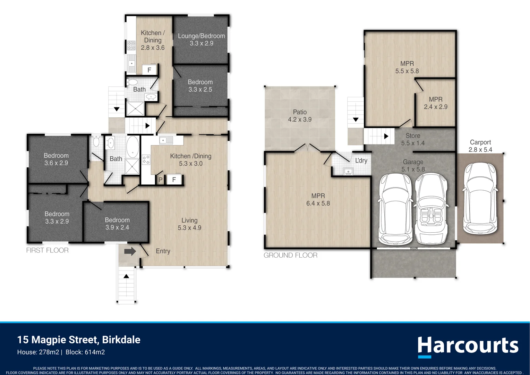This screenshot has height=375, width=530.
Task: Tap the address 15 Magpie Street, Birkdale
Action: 79,340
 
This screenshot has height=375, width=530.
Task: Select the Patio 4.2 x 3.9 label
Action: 300,116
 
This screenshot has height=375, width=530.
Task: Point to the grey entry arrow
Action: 130,251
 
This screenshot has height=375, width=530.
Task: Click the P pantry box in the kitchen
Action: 160,180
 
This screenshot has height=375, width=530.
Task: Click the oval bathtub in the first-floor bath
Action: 132,147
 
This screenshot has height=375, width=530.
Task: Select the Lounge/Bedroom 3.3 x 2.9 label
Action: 202,40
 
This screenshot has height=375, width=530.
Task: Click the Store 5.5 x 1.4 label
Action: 413,139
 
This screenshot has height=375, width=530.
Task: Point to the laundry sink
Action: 348,171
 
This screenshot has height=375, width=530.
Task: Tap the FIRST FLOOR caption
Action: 47,250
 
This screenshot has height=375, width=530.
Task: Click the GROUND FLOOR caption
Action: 291,255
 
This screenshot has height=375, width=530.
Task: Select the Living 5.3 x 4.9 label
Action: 189,224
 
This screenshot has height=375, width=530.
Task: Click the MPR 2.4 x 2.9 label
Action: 436,103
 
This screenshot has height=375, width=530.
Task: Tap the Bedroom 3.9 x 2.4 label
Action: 117,224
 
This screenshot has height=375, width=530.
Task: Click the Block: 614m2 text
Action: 85,352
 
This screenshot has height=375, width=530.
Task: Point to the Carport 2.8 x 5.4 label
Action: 480,146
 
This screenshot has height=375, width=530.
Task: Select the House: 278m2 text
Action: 38,352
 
